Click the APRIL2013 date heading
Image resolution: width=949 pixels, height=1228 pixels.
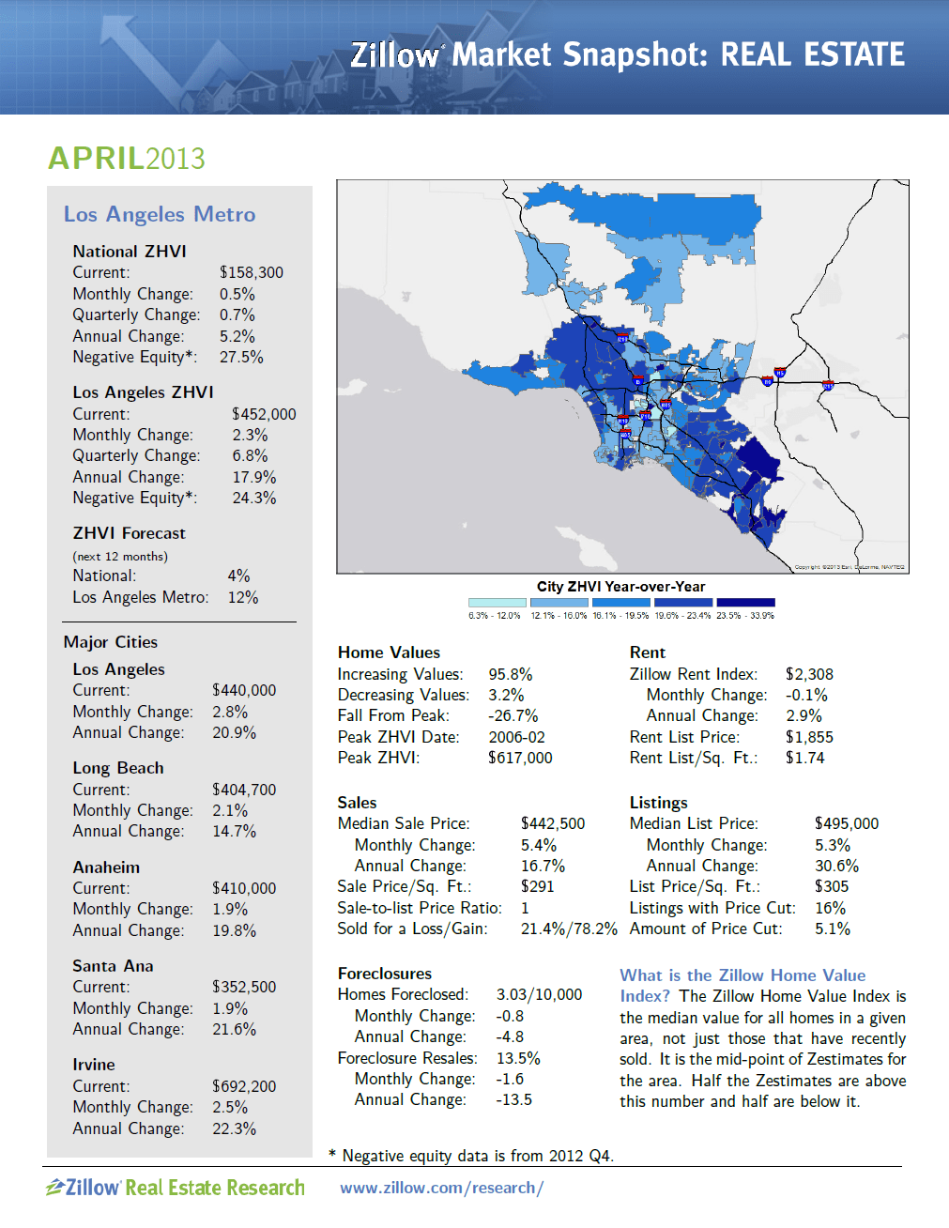point(127,159)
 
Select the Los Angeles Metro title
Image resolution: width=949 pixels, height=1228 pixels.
point(160,215)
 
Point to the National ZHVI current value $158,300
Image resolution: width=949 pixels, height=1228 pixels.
point(251,273)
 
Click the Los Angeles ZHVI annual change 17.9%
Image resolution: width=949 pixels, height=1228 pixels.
point(253,478)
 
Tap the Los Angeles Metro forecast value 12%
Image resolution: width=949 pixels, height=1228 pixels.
point(242,598)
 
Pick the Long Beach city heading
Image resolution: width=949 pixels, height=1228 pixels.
point(118,768)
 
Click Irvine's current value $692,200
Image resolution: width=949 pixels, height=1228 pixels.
point(244,1086)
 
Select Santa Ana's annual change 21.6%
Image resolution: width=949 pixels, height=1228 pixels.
point(234,1030)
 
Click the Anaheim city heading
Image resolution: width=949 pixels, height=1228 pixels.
point(106,867)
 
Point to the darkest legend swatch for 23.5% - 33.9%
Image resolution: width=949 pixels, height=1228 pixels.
point(745,603)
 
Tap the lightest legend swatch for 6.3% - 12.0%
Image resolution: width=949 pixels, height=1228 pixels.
point(497,603)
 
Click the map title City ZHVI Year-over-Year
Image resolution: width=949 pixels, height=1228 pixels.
point(620,587)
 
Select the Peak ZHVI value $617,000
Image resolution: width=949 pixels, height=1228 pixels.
point(520,759)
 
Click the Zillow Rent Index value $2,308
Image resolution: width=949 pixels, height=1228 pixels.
point(809,675)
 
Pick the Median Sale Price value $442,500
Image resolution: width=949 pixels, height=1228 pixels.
point(552,824)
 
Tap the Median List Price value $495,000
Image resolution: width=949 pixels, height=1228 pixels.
point(846,824)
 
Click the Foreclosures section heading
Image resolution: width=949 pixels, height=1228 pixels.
point(385,975)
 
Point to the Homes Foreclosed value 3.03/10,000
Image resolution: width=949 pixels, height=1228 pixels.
point(539,995)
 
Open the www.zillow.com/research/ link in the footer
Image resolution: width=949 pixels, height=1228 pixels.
point(441,1189)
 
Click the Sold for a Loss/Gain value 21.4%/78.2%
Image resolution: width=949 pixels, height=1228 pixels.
point(569,929)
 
